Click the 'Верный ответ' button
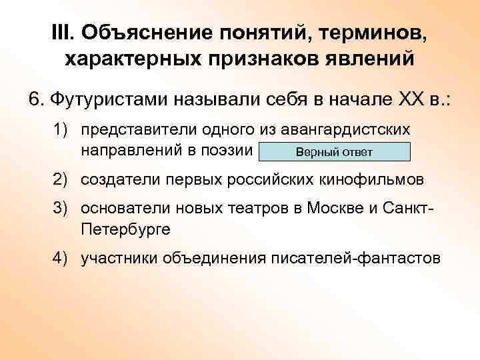pyautogui.click(x=334, y=152)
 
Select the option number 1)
pyautogui.click(x=63, y=128)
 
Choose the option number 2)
pyautogui.click(x=63, y=179)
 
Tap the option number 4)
pyautogui.click(x=63, y=257)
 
